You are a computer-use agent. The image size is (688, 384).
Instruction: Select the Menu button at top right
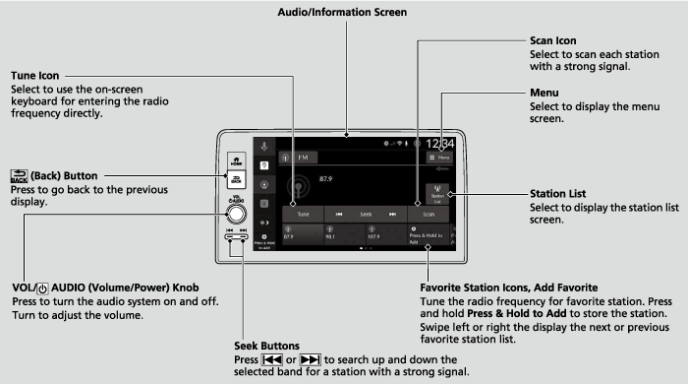coord(439,157)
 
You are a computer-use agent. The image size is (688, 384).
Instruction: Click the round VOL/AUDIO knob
coord(236,214)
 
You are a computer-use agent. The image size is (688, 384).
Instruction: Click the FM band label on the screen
coord(302,157)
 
